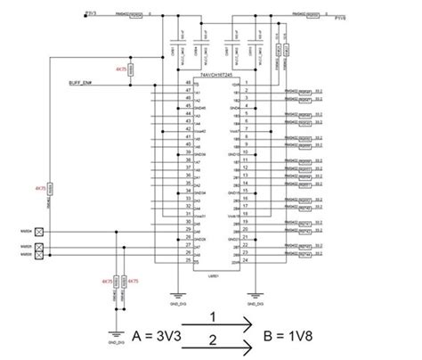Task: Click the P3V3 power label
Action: click(x=91, y=13)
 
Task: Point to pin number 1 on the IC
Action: click(x=246, y=83)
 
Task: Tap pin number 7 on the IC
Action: click(x=246, y=129)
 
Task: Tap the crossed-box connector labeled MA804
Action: click(x=38, y=230)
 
